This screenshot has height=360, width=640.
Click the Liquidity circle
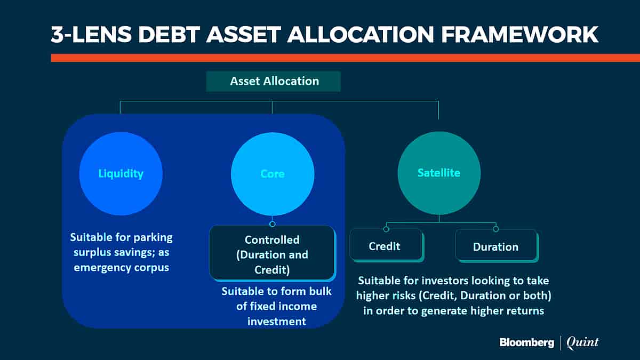click(x=121, y=174)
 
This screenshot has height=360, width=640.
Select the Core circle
click(x=273, y=174)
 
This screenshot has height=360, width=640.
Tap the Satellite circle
click(x=439, y=173)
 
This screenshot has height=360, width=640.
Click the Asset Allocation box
click(x=274, y=82)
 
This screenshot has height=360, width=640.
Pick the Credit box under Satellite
click(x=387, y=246)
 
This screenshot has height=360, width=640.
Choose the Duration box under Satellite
click(x=497, y=246)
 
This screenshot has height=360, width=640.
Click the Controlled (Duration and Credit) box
click(x=273, y=253)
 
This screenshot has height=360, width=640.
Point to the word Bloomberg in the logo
click(x=527, y=342)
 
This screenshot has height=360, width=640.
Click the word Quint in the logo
click(x=582, y=342)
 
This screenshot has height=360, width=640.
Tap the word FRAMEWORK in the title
click(x=519, y=35)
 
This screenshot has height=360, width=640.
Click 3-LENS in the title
click(x=91, y=35)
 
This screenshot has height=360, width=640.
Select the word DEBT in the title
click(x=169, y=35)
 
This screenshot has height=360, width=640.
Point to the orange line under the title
click(x=346, y=58)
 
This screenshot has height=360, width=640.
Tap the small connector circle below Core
click(x=273, y=224)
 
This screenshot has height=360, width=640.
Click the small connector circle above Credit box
click(x=386, y=229)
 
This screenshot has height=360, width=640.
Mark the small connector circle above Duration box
click(x=495, y=229)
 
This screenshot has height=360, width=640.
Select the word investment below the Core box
click(x=277, y=322)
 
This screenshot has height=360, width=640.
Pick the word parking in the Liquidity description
click(x=153, y=238)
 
